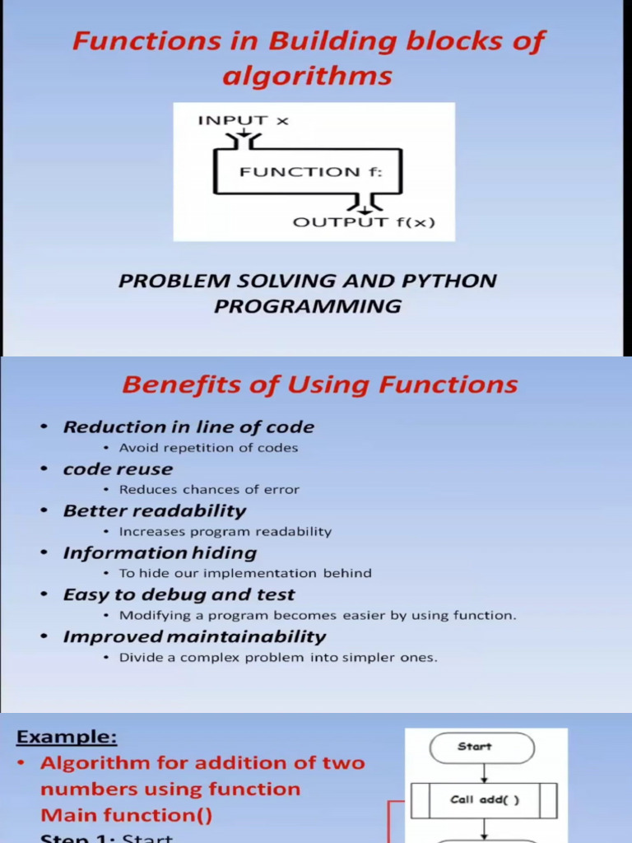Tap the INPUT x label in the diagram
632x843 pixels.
tap(243, 120)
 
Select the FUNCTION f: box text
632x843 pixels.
tap(300, 172)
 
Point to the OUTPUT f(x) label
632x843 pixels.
tap(364, 222)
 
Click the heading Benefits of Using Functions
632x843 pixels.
tap(320, 384)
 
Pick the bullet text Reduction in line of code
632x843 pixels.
tap(188, 427)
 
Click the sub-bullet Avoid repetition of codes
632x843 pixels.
tap(208, 448)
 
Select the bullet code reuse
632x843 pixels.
tap(118, 469)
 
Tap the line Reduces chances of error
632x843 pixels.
tap(209, 489)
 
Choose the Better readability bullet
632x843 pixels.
tap(155, 510)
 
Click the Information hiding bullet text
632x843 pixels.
tap(160, 553)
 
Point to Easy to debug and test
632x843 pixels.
tap(179, 594)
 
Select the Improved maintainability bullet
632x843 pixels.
tap(194, 636)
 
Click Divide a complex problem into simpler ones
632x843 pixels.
tap(278, 658)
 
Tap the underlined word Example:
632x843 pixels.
tap(67, 737)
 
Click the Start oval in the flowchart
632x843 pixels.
tap(482, 748)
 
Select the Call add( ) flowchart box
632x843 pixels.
tap(484, 799)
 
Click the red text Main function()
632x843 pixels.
tap(126, 815)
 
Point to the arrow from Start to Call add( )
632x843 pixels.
tap(484, 773)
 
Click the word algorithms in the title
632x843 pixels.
tap(307, 77)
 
